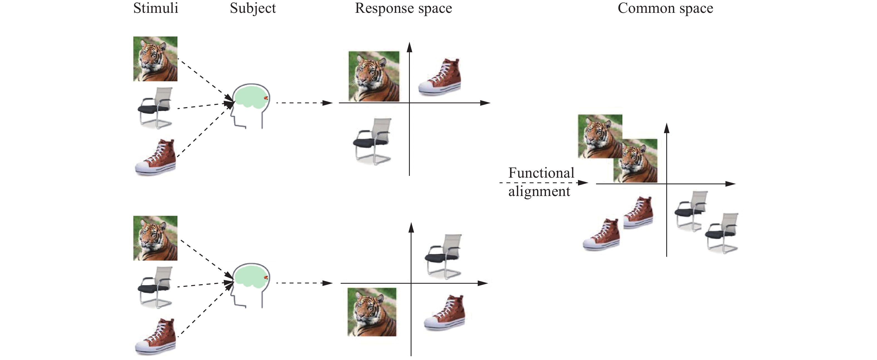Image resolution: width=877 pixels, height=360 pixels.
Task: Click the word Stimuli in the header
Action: (156, 8)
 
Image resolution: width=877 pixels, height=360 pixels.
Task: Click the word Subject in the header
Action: (253, 8)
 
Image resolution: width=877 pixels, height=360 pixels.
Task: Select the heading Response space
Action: (403, 8)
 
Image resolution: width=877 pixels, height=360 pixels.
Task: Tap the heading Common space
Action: (665, 8)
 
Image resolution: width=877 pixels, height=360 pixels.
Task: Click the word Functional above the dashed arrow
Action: (541, 173)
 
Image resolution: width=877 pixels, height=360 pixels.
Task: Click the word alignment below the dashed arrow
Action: (539, 191)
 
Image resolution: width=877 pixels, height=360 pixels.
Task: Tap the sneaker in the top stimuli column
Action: (156, 157)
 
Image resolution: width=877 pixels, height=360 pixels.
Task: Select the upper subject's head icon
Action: (251, 106)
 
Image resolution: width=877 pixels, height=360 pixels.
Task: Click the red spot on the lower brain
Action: (266, 278)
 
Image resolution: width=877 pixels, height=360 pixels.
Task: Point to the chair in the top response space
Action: (373, 141)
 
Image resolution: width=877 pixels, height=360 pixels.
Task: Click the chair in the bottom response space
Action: (444, 256)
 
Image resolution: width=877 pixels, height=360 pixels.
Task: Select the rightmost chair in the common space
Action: (722, 233)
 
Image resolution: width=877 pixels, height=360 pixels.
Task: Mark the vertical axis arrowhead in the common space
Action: (667, 128)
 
